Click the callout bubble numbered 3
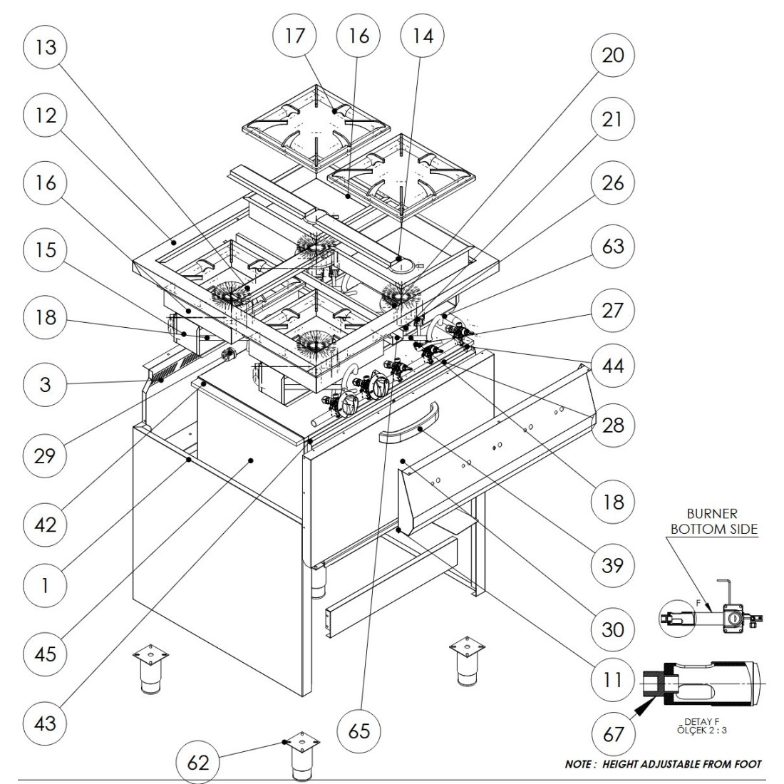pyautogui.click(x=45, y=385)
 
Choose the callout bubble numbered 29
pyautogui.click(x=45, y=455)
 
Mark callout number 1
pyautogui.click(x=45, y=586)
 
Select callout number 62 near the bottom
pyautogui.click(x=198, y=763)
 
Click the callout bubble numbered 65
pyautogui.click(x=360, y=731)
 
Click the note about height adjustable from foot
pyautogui.click(x=663, y=764)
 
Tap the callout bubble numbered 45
pyautogui.click(x=45, y=654)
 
